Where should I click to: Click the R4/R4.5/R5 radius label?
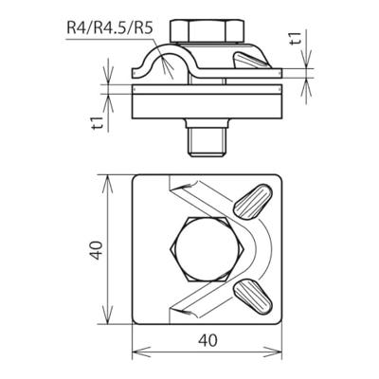(110, 27)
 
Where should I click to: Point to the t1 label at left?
(99, 122)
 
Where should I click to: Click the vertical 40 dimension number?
(97, 250)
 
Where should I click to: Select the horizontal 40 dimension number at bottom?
(208, 340)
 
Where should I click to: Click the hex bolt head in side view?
(207, 31)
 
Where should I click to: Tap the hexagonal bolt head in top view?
(208, 249)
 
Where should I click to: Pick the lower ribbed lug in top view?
(253, 297)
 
